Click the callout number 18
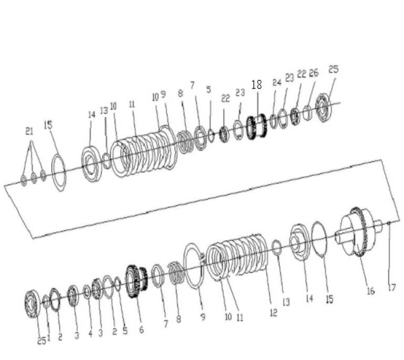pos(257,85)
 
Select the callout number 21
pos(29,132)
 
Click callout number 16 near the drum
pos(370,291)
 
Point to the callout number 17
pos(391,288)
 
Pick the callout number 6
pos(141,330)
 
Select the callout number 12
pos(273,313)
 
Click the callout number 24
pos(277,82)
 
